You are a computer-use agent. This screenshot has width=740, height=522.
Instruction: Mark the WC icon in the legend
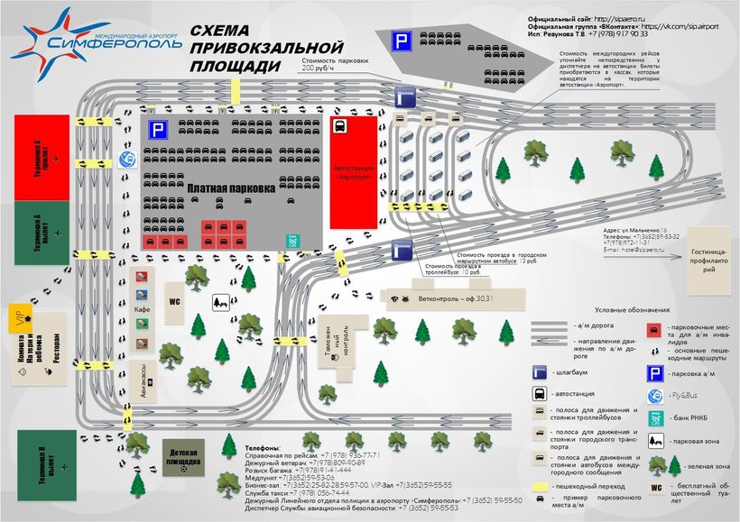[657, 488]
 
